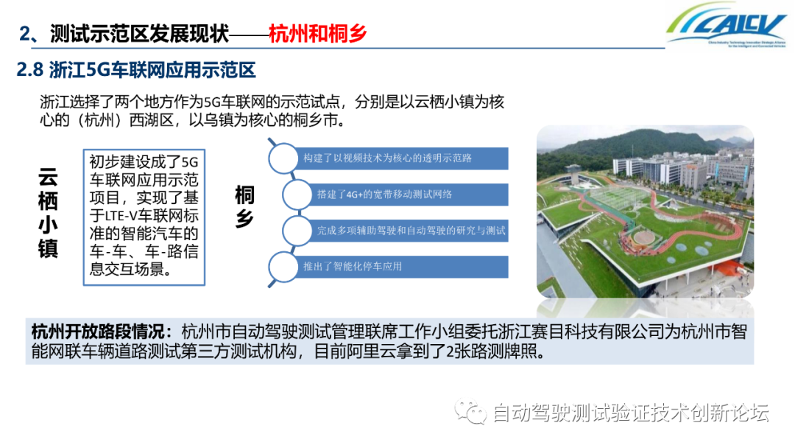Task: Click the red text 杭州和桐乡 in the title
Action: [317, 33]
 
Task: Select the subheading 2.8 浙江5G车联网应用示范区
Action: [136, 70]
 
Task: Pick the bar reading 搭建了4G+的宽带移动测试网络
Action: [405, 194]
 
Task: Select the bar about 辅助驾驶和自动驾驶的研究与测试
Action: [409, 231]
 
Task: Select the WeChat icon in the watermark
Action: [470, 412]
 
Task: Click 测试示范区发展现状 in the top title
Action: [140, 33]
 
